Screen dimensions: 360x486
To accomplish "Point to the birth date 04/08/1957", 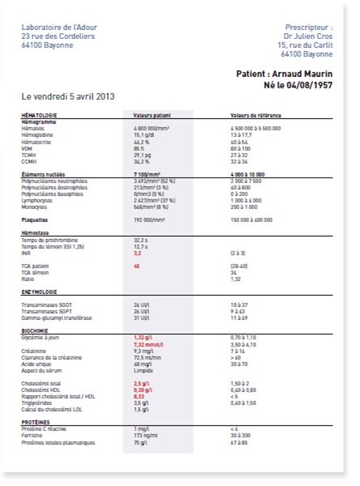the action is click(x=310, y=85).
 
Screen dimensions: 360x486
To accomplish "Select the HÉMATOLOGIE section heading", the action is click(x=39, y=115).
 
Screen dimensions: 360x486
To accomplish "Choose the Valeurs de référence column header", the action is click(x=255, y=115).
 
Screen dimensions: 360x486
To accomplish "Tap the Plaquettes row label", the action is click(x=36, y=219).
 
